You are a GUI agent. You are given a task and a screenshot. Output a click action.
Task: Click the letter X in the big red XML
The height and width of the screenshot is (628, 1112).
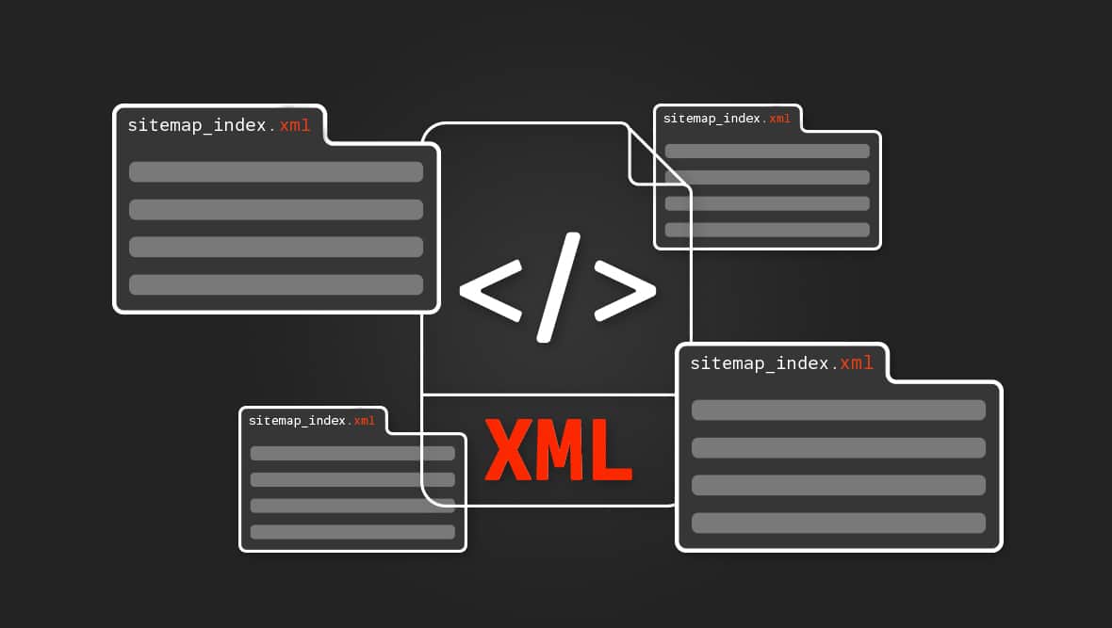point(510,449)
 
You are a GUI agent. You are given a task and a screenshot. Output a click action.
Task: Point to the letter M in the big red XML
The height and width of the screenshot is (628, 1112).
point(560,449)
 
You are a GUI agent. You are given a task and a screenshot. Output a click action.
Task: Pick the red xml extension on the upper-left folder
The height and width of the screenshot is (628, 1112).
point(295,125)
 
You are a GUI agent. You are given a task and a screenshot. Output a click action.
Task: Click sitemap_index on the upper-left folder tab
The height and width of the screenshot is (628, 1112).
point(197,125)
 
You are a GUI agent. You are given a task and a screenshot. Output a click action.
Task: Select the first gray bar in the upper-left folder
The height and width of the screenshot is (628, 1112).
point(276,171)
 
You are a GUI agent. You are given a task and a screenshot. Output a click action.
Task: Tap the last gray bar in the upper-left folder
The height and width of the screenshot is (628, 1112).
point(276,284)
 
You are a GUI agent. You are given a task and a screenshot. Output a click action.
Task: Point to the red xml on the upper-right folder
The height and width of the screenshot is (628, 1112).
point(780,119)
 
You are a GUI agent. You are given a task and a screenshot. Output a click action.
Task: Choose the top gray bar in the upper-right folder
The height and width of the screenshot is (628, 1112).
point(767,151)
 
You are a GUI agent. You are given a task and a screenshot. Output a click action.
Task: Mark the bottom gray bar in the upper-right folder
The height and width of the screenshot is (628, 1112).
point(767,230)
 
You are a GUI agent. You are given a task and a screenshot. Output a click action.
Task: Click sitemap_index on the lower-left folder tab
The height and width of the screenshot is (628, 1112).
point(297,421)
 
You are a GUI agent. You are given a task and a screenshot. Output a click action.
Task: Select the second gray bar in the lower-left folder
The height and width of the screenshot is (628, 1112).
point(352,479)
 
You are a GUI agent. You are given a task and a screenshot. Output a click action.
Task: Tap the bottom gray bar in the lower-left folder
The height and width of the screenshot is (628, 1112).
point(352,532)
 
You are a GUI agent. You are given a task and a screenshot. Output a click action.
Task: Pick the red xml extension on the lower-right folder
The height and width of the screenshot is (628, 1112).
point(857,363)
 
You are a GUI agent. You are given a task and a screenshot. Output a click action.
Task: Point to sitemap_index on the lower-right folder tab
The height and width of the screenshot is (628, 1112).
point(760,363)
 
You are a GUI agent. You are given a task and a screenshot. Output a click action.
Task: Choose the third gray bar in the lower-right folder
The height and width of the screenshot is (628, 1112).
point(839,485)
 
